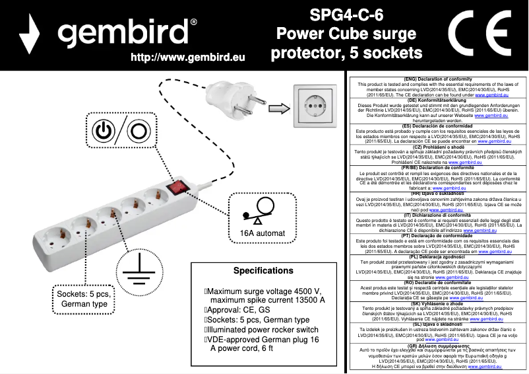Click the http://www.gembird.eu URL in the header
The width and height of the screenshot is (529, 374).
188,57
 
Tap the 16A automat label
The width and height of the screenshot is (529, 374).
262,233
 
